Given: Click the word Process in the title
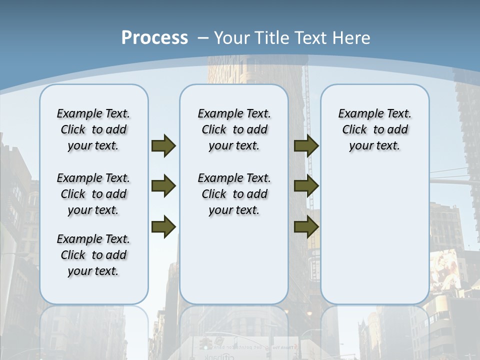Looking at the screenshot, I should [x=154, y=37].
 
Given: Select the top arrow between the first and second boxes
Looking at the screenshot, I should [x=163, y=145].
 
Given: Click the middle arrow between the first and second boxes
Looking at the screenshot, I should [x=163, y=186].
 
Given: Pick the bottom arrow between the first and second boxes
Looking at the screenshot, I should [x=163, y=226].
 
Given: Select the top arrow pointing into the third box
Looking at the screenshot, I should [x=306, y=145].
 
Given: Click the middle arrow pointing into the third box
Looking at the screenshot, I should [x=306, y=186].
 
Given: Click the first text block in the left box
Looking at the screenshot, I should [x=93, y=129].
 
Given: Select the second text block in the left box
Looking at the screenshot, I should [x=93, y=194].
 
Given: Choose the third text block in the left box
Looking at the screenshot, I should [x=93, y=255].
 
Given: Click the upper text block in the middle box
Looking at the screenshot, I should [x=234, y=129].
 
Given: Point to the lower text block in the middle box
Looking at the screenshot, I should [x=234, y=194].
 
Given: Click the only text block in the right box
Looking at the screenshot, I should [x=375, y=129].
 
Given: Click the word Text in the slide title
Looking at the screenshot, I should [x=312, y=37].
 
